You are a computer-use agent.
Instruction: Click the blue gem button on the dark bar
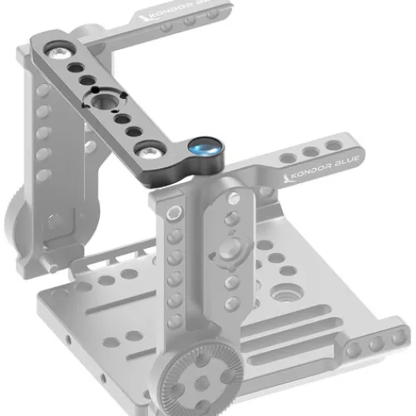pyautogui.click(x=205, y=148)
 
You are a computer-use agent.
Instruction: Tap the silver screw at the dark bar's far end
pyautogui.click(x=58, y=52)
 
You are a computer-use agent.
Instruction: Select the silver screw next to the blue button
pyautogui.click(x=150, y=151)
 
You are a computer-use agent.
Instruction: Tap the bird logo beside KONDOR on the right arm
pyautogui.click(x=287, y=178)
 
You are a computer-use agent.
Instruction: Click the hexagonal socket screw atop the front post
pyautogui.click(x=174, y=213)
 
